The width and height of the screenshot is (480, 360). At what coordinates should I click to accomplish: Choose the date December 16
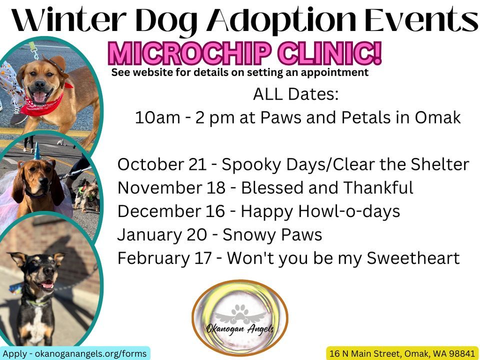click(170, 211)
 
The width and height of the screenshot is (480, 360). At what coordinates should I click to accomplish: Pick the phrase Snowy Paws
click(272, 234)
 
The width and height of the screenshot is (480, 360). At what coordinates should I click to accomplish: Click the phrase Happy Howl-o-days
click(320, 211)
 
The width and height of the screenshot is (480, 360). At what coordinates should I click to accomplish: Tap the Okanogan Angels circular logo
click(240, 317)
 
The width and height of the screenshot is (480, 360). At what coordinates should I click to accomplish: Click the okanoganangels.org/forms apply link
click(75, 353)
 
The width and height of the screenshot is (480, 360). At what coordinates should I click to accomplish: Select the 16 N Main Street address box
click(402, 353)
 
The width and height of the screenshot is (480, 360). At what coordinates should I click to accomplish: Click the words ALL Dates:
click(295, 94)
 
